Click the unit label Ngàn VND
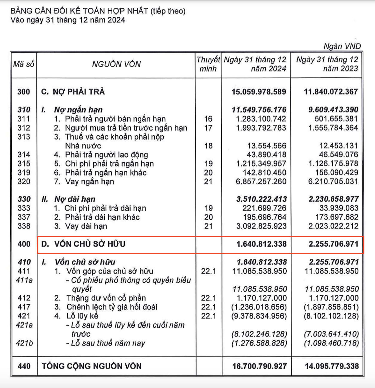pos(342,46)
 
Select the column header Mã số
pos(23,64)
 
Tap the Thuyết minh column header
pos(208,64)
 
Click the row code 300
pos(24,92)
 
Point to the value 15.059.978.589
pos(259,92)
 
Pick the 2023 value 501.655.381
pos(336,119)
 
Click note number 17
pos(208,128)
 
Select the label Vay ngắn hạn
pos(89,182)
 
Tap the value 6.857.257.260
pos(261,182)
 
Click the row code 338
pos(24,226)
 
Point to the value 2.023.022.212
pos(333,226)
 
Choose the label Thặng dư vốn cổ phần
pos(106,298)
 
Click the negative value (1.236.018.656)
pos(259,307)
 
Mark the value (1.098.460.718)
pos(331,343)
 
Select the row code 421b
pos(24,343)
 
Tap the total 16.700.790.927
pos(259,366)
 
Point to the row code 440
pos(24,366)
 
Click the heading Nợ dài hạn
pos(75,199)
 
